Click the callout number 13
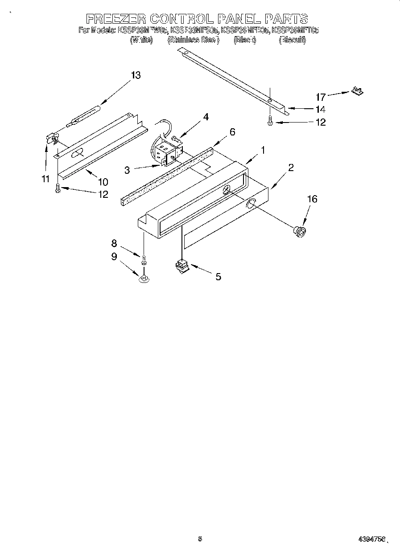[136, 75]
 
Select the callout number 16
[312, 199]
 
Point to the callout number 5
[218, 277]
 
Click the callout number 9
[114, 257]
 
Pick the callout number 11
[45, 180]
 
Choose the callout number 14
[321, 110]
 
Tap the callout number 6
[232, 132]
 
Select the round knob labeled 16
[298, 231]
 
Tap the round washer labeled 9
[144, 279]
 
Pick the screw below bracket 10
[57, 189]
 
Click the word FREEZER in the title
[115, 19]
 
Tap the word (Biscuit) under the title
[292, 40]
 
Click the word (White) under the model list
[141, 40]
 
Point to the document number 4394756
[371, 539]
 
